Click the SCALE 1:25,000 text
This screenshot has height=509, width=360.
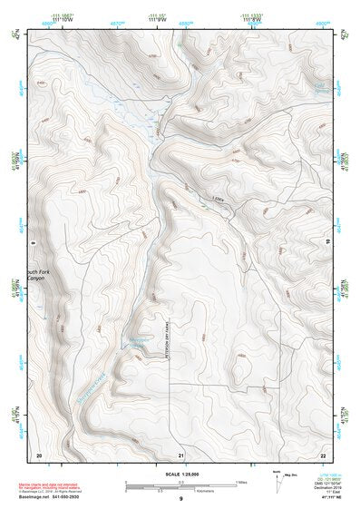pos(180,473)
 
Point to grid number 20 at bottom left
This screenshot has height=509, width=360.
pos(39,453)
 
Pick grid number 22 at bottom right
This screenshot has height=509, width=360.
pos(324,453)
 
